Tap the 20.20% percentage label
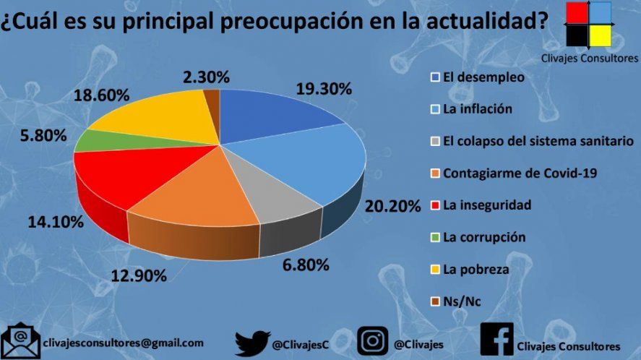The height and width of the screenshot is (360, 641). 392,206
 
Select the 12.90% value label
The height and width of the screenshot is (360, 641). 139,275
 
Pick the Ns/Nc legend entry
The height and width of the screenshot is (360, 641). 463,301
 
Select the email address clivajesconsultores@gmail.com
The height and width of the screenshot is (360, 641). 124,343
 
